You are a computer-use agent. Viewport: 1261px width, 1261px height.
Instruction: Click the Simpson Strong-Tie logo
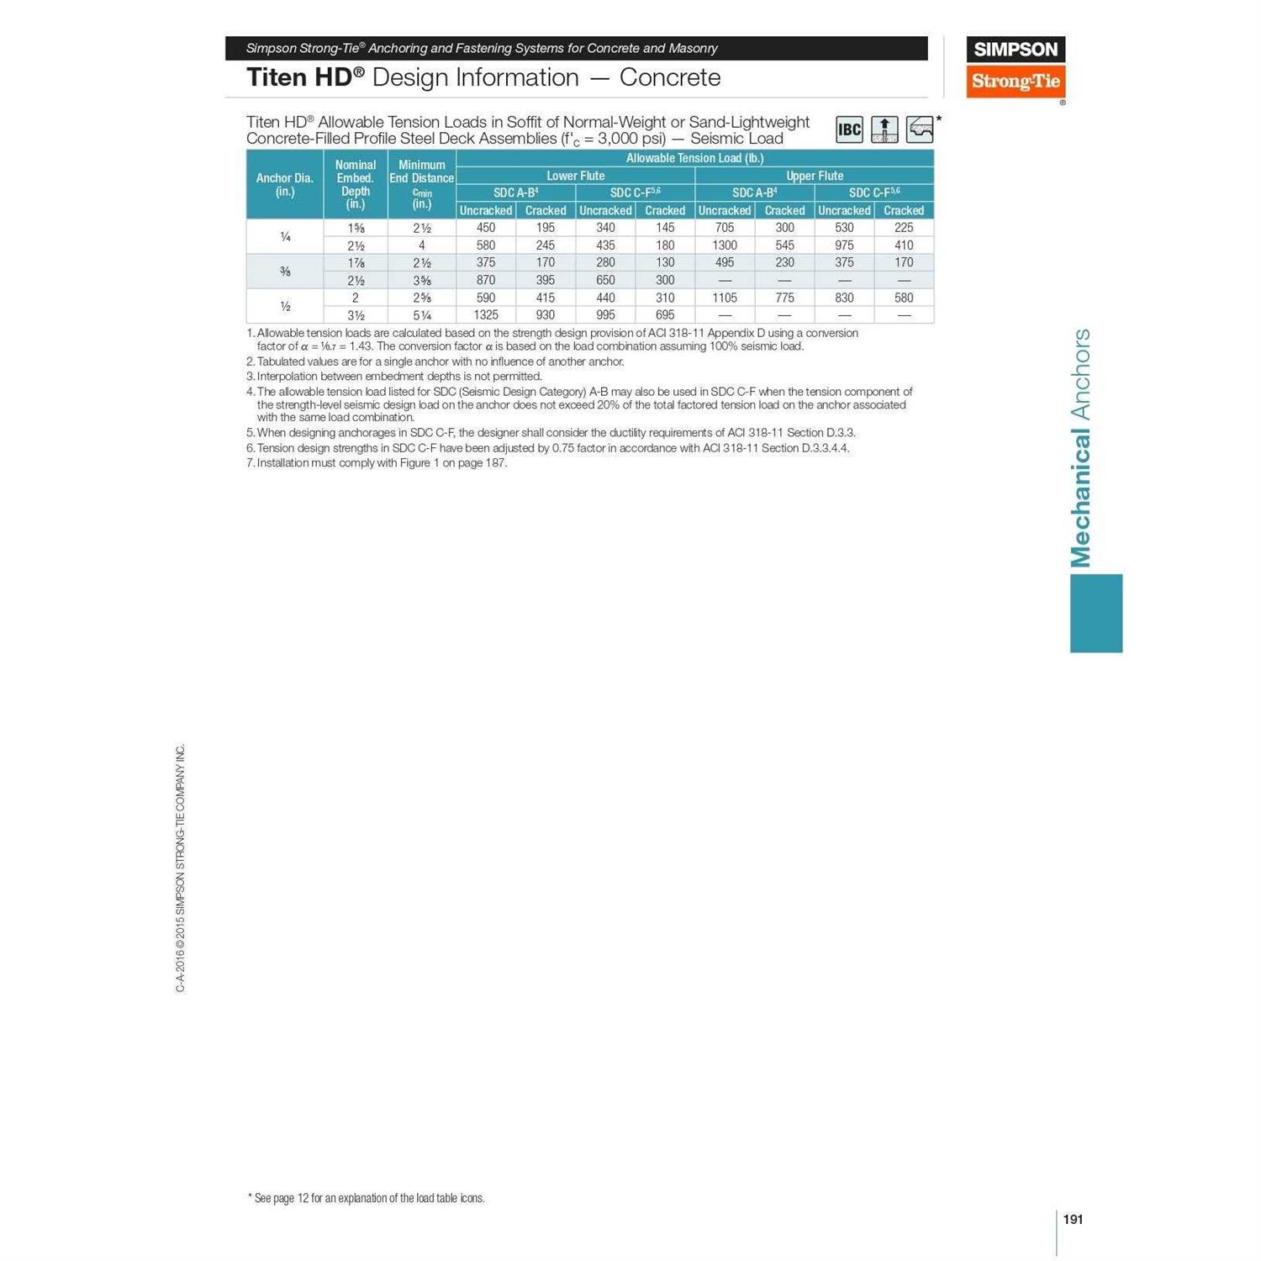1016,67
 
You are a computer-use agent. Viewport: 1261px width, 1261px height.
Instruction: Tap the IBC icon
849,129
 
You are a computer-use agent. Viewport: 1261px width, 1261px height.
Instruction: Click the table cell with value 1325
486,315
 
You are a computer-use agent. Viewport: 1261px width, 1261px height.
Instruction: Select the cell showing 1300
725,245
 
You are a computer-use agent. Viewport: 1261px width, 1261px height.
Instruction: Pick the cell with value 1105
725,298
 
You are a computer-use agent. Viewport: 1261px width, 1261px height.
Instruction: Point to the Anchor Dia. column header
285,184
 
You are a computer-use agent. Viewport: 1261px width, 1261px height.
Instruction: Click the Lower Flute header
575,176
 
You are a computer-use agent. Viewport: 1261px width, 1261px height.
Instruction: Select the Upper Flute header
814,176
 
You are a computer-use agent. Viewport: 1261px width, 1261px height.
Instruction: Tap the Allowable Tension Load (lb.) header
694,158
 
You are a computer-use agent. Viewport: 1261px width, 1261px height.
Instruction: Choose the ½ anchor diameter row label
285,306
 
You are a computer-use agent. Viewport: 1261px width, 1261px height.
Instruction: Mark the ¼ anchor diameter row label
285,236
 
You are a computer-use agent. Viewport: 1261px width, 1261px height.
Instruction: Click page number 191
1073,1219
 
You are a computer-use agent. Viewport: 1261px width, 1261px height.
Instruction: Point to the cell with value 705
725,228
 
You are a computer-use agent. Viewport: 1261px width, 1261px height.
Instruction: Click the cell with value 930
546,315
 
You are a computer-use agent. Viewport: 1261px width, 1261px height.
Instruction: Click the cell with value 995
605,315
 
